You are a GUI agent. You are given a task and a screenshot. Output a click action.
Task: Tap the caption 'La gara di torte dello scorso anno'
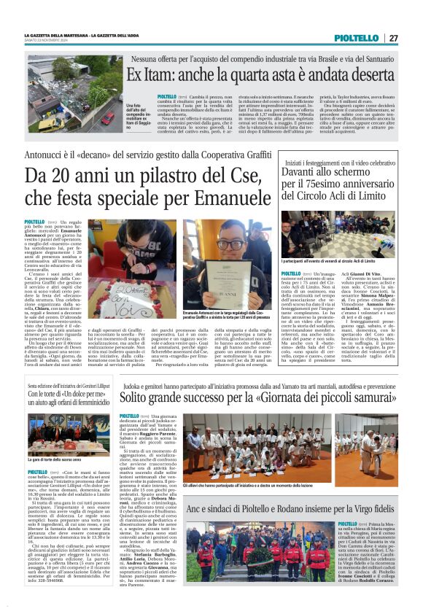point(54,460)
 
